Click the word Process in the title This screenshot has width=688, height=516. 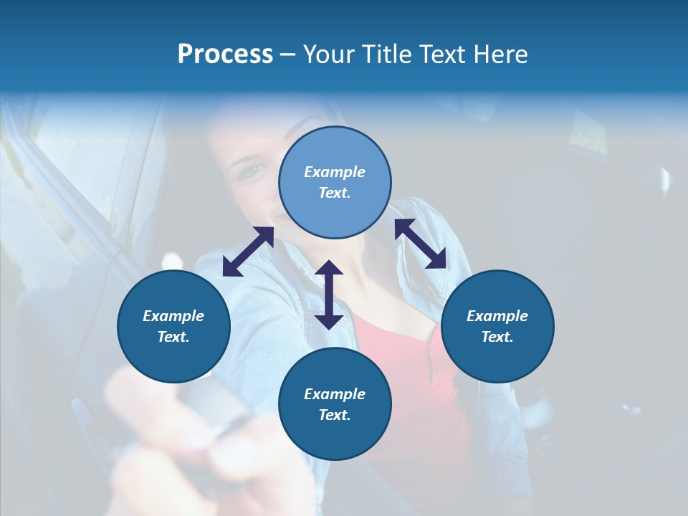pos(225,54)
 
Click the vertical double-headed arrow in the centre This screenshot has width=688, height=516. pos(329,295)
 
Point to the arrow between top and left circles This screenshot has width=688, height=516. pos(248,252)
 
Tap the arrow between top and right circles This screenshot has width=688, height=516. pos(420,244)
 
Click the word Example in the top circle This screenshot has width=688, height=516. pos(335,172)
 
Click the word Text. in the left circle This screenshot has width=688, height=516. pos(173,337)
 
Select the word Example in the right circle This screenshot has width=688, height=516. pos(497,316)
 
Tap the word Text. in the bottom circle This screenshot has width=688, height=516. pos(335,415)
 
